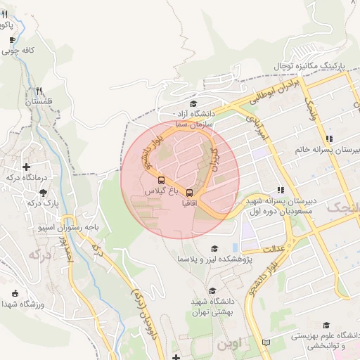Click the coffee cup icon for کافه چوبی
(x=12, y=40)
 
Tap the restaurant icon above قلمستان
(x=39, y=91)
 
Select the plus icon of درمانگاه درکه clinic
(x=27, y=167)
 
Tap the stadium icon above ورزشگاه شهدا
(x=15, y=293)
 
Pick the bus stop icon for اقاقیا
(x=189, y=192)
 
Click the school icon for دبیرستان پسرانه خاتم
(x=329, y=139)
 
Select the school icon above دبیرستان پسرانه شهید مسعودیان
(x=281, y=190)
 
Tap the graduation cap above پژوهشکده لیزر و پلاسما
(x=214, y=248)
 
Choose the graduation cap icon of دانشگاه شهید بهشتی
(x=212, y=291)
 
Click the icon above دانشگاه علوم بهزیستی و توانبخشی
(x=326, y=325)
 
